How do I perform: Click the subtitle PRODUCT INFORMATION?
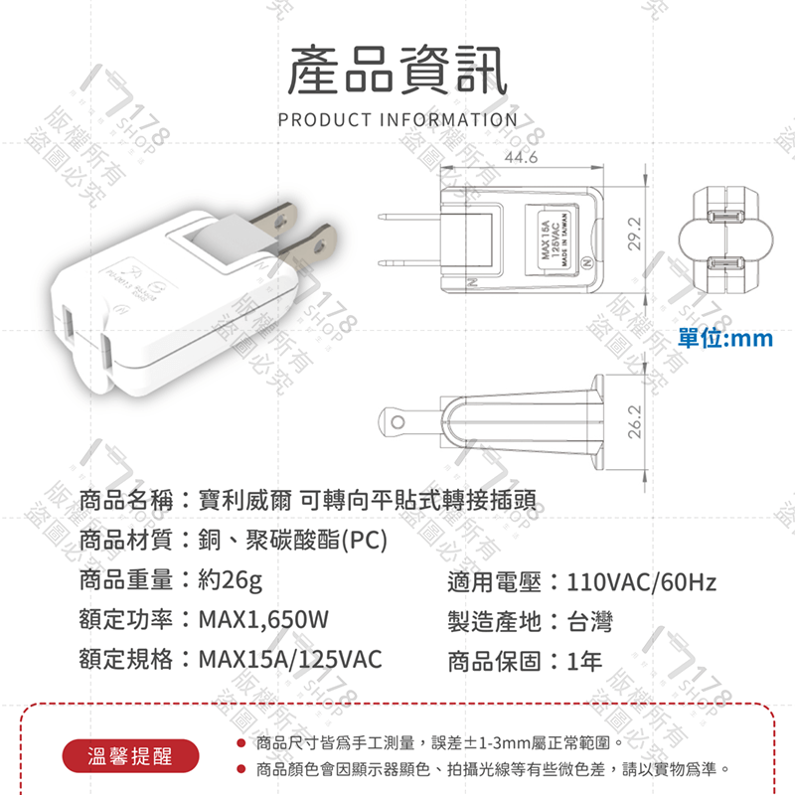397,120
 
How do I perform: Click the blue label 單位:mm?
724,339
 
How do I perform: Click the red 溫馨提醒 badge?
130,756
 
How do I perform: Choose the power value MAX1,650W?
263,621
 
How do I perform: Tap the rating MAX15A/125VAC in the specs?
289,661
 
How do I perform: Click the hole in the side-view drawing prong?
397,422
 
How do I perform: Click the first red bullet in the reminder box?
241,742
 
